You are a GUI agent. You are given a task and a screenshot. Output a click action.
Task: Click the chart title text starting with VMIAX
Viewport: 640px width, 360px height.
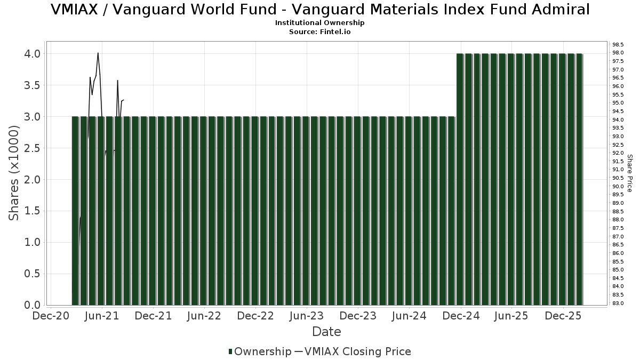click(320, 10)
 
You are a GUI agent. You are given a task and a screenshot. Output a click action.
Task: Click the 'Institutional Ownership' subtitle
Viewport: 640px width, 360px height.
click(320, 23)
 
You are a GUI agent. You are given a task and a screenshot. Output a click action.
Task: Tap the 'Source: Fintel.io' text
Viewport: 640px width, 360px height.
click(320, 32)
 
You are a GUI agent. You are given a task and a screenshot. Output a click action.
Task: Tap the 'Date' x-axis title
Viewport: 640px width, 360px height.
click(326, 332)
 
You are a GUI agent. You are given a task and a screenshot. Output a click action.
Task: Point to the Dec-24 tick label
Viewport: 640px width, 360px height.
click(460, 316)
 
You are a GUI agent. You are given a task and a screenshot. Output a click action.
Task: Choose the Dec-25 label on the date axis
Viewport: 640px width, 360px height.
click(563, 316)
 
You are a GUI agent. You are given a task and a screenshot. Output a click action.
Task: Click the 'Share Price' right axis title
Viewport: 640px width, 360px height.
click(629, 173)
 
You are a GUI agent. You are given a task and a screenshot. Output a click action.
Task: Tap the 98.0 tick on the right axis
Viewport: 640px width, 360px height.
click(618, 53)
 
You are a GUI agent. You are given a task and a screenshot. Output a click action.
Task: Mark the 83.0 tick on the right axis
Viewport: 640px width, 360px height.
click(618, 303)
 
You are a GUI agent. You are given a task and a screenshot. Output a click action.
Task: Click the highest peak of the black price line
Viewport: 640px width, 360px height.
click(98, 53)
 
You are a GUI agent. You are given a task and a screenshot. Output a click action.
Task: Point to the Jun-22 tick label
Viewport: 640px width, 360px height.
click(204, 316)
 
